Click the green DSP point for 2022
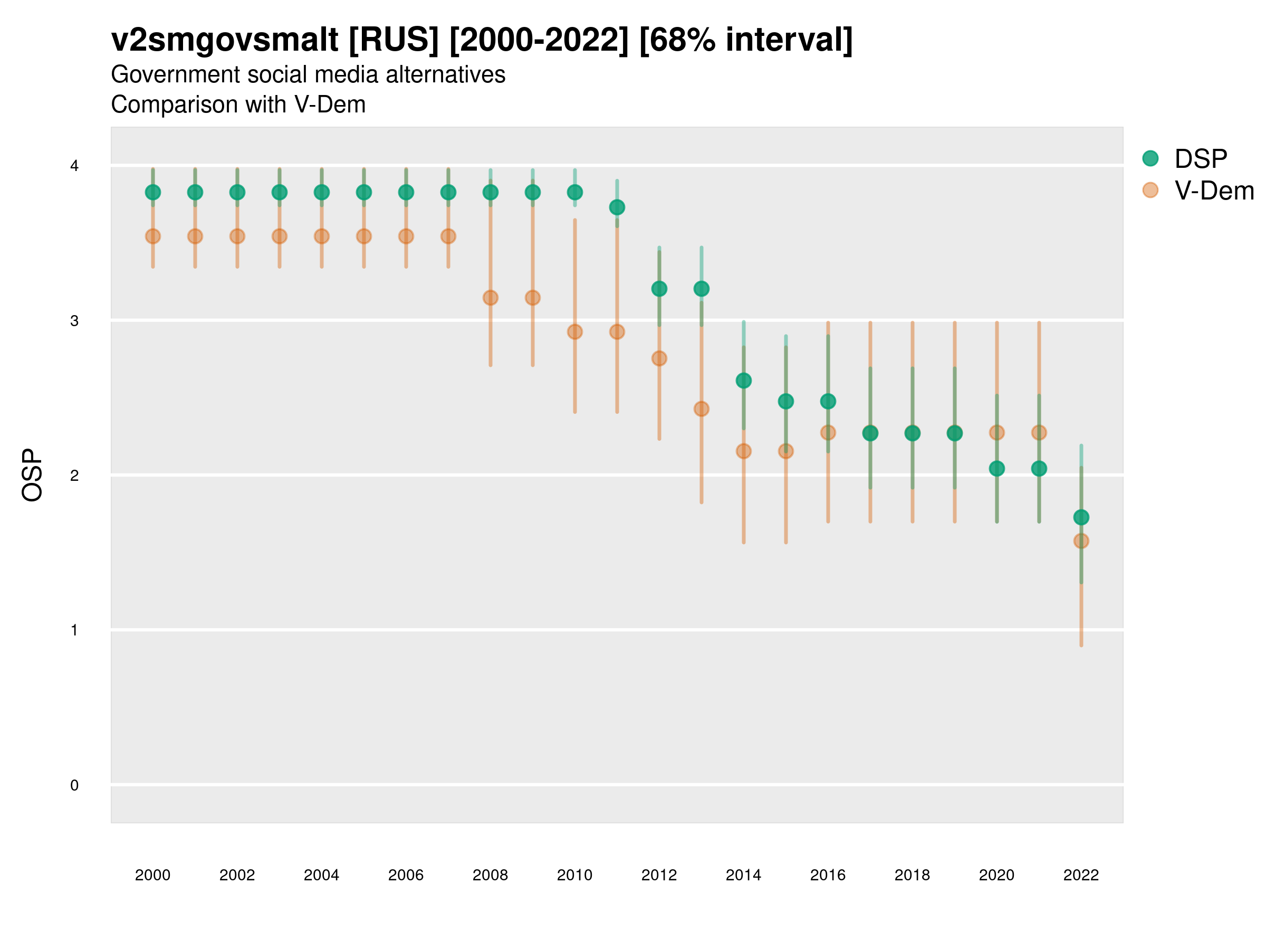(x=1081, y=517)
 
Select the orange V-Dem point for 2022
(x=1081, y=540)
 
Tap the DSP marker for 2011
(x=617, y=207)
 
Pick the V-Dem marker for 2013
(x=702, y=409)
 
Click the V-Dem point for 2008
(x=491, y=298)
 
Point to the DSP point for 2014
(x=743, y=380)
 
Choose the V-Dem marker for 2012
(x=659, y=358)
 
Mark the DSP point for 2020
(x=997, y=469)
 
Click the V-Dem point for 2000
(x=153, y=236)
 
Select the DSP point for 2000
(x=153, y=193)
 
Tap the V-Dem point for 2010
(x=575, y=331)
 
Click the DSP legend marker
(x=1150, y=158)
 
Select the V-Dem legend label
(x=1214, y=191)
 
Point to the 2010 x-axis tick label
(x=574, y=875)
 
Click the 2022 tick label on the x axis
(x=1081, y=875)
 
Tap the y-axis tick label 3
(x=74, y=321)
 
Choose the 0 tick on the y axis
(x=74, y=785)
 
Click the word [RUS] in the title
(x=394, y=40)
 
